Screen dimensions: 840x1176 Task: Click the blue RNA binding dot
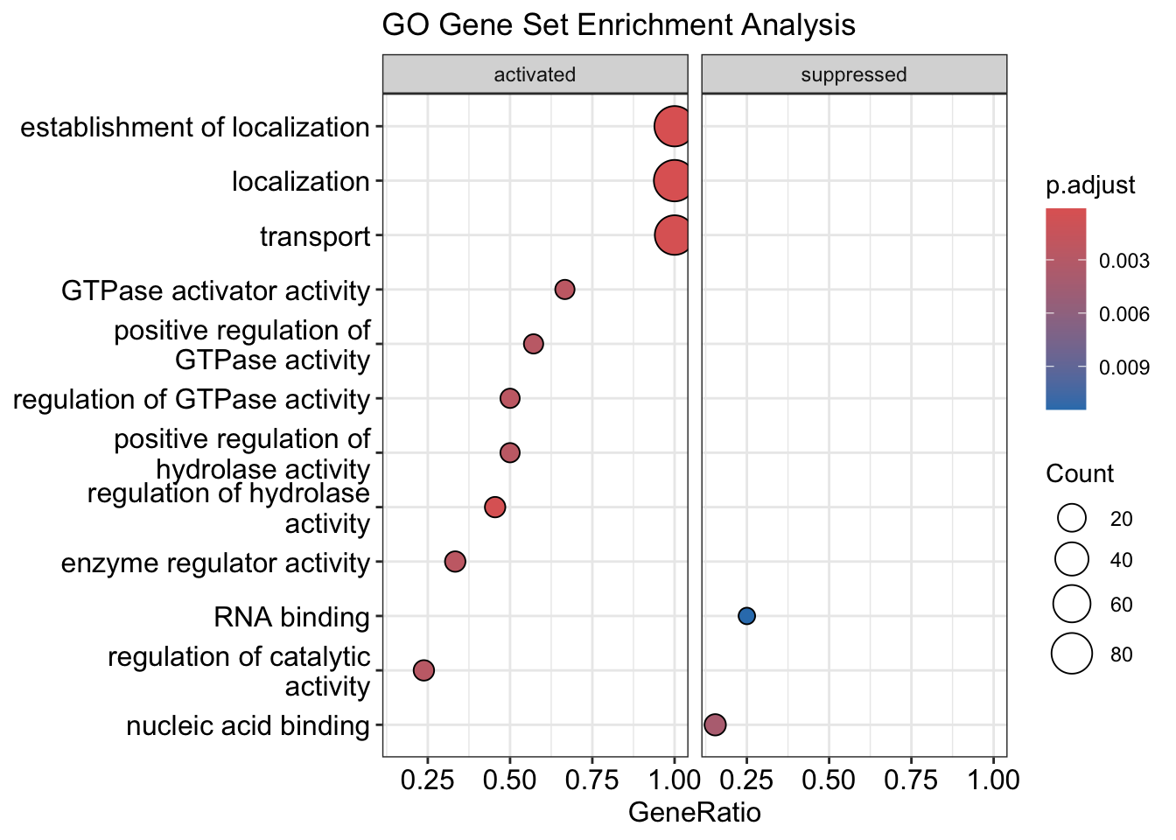point(746,616)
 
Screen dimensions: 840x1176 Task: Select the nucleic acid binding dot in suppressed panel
point(715,724)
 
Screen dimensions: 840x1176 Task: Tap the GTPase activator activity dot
point(565,290)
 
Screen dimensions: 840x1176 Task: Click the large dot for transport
point(673,235)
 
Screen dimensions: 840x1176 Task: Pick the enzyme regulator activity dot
point(455,562)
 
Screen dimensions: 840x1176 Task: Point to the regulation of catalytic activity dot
point(423,670)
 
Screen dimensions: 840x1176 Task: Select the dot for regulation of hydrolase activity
point(495,507)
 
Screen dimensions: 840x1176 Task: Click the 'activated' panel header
point(535,74)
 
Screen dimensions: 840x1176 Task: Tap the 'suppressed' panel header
point(854,74)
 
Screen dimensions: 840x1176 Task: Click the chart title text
point(619,25)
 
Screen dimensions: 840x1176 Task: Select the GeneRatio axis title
point(695,813)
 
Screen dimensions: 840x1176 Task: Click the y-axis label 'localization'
point(301,182)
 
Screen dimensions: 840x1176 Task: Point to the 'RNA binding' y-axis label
point(291,617)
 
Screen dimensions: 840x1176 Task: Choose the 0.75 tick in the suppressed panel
point(911,779)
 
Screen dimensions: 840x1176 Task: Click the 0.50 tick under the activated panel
point(509,779)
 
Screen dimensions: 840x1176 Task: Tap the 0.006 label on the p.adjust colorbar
point(1124,314)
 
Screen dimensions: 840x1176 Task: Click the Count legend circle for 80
point(1072,654)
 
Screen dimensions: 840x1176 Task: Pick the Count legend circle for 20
point(1072,519)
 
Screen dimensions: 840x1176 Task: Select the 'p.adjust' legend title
point(1090,185)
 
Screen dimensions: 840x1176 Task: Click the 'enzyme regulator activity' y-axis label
point(215,563)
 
